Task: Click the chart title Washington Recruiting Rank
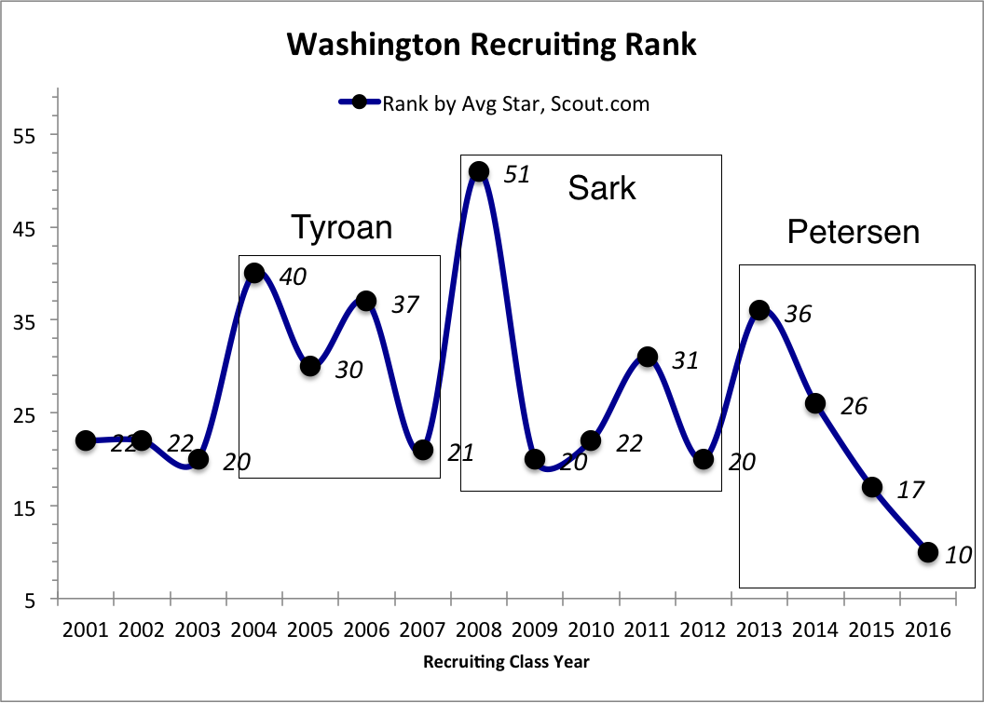[x=491, y=44]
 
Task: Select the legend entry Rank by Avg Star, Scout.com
[x=514, y=103]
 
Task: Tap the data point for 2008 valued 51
[x=479, y=171]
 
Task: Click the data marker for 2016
[x=928, y=552]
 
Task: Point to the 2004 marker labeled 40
[x=253, y=274]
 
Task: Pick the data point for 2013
[x=759, y=311]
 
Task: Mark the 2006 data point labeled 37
[x=366, y=302]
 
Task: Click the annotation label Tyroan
[x=341, y=227]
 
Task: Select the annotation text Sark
[x=602, y=189]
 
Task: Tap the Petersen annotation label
[x=853, y=232]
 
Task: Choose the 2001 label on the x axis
[x=85, y=629]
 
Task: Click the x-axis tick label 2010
[x=591, y=629]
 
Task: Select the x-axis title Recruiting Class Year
[x=506, y=663]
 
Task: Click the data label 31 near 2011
[x=685, y=360]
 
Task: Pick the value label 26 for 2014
[x=854, y=407]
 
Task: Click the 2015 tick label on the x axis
[x=872, y=629]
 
